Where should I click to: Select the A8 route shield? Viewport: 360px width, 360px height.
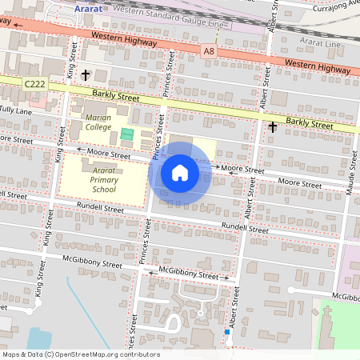click(x=210, y=50)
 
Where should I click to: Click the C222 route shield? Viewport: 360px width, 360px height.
click(x=34, y=83)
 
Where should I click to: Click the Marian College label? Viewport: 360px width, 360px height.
click(x=98, y=122)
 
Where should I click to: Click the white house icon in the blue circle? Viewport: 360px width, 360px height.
click(x=180, y=172)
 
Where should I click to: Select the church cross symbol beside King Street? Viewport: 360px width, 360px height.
click(x=86, y=74)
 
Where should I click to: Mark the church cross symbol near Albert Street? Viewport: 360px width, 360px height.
click(x=272, y=126)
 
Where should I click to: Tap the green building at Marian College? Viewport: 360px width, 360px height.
click(x=127, y=134)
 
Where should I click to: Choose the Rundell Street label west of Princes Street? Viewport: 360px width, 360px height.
click(x=99, y=209)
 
